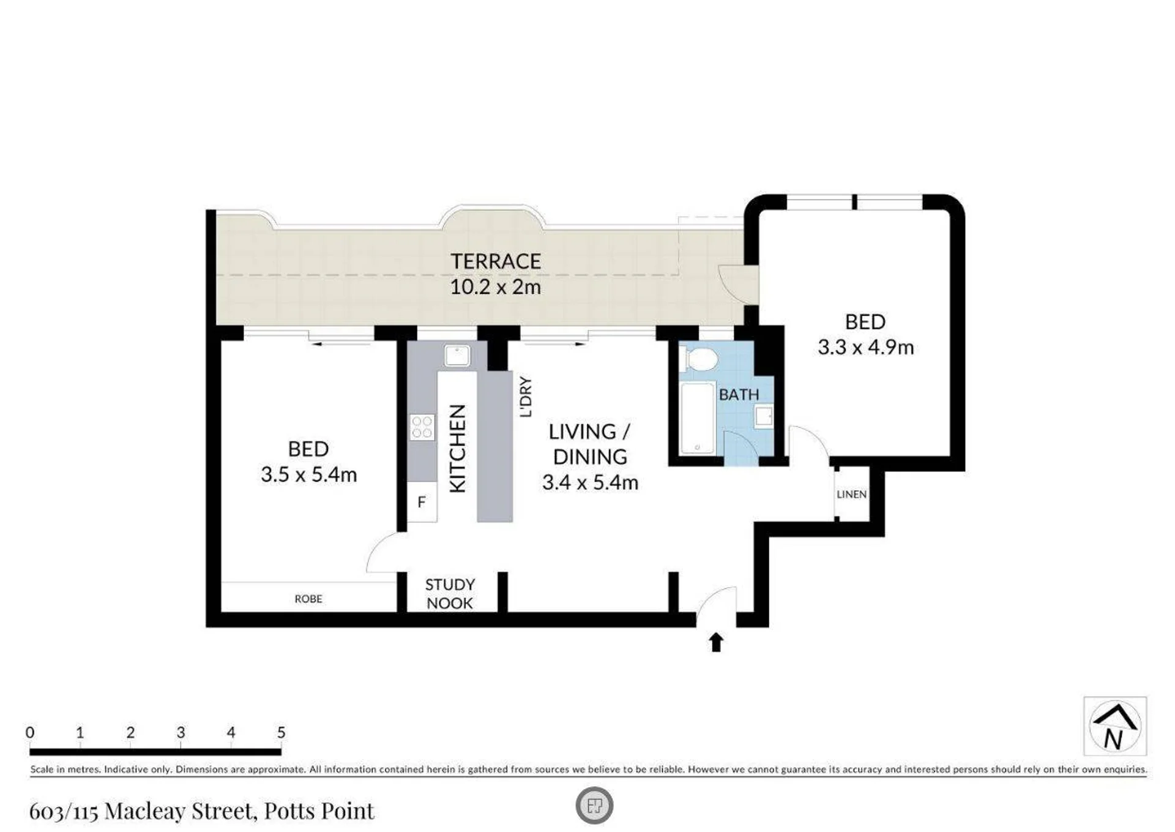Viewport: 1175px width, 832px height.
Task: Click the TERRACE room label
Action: [x=496, y=261]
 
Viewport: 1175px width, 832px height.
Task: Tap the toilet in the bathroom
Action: [x=698, y=359]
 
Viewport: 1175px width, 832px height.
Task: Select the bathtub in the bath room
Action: [x=698, y=418]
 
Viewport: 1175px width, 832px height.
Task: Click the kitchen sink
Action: [x=457, y=356]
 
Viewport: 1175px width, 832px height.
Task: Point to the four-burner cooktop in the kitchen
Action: [x=422, y=427]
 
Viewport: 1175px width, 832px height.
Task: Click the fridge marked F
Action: [x=422, y=502]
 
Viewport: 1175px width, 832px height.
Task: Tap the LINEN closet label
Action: [x=851, y=494]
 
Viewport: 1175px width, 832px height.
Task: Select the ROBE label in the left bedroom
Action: [x=308, y=599]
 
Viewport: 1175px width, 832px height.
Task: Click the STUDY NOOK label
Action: [x=450, y=594]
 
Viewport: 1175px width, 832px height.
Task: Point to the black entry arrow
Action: [x=716, y=642]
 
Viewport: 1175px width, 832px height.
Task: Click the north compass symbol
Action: [x=1115, y=726]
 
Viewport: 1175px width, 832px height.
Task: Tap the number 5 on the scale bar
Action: [x=281, y=732]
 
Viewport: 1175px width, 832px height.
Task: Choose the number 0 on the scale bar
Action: [x=30, y=732]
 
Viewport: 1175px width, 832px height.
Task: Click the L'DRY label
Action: [x=525, y=397]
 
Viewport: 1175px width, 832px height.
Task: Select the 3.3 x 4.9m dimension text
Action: [x=866, y=347]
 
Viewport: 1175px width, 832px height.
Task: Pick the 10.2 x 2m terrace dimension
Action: [x=496, y=287]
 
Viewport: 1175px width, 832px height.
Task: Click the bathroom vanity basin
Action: [x=764, y=417]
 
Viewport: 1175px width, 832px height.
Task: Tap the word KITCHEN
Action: [x=458, y=448]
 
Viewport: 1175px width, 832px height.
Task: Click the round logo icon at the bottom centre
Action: [x=594, y=805]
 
